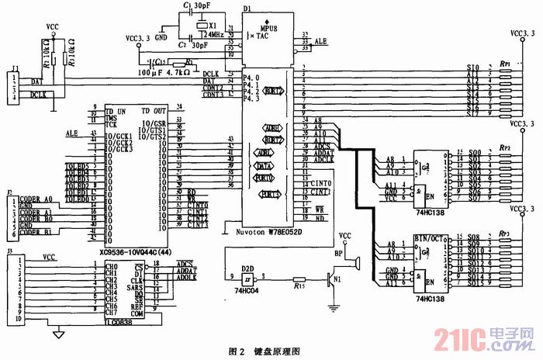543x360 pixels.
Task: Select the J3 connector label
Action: [9, 251]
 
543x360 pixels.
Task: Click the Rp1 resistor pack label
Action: [505, 63]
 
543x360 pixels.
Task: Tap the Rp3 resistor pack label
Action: [505, 233]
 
